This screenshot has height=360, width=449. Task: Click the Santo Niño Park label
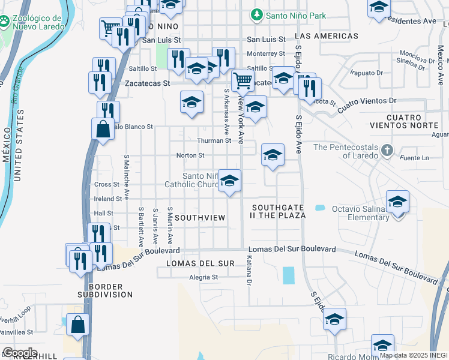point(297,15)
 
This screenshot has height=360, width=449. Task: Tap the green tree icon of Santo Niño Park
point(257,14)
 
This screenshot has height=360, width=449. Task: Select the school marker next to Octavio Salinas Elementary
point(397,201)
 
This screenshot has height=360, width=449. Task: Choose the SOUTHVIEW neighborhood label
point(201,217)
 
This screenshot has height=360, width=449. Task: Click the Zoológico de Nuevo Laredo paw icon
point(5,21)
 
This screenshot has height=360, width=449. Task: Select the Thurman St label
point(214,140)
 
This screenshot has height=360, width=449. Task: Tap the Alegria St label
point(203,277)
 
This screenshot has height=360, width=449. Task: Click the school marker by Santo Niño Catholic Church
point(229,180)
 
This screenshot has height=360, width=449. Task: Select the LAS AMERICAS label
point(327,36)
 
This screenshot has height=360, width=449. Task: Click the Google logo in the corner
point(20,352)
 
